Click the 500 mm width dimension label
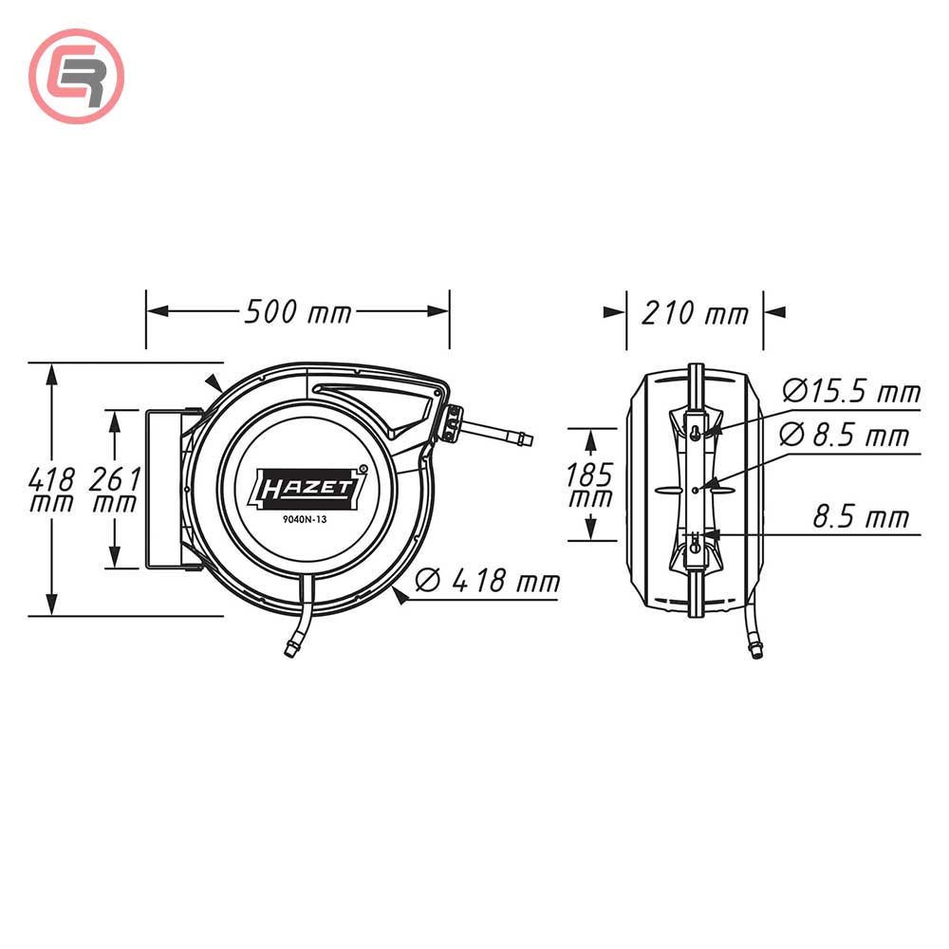pyautogui.click(x=297, y=311)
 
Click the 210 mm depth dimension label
pyautogui.click(x=695, y=312)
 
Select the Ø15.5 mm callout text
pyautogui.click(x=851, y=390)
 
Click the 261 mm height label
pyautogui.click(x=115, y=490)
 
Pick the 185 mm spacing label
pyautogui.click(x=588, y=484)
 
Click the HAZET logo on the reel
pyautogui.click(x=307, y=488)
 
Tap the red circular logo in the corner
pyautogui.click(x=77, y=76)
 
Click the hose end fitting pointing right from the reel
pyautogui.click(x=519, y=439)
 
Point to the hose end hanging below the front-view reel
pyautogui.click(x=288, y=649)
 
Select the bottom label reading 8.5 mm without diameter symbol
pyautogui.click(x=860, y=517)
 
